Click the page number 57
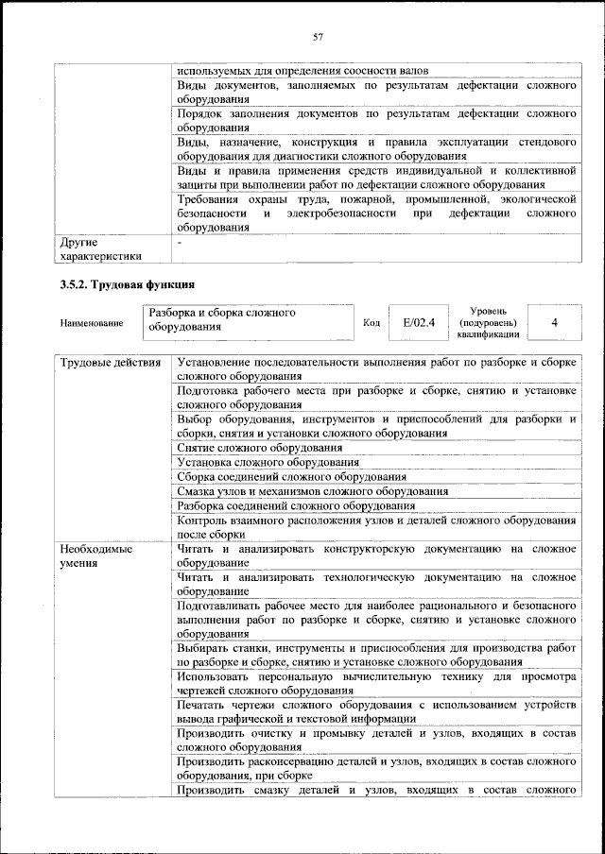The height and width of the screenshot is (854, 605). point(319,37)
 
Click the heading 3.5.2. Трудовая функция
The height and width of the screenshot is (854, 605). point(127,282)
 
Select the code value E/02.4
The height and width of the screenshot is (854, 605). point(418,323)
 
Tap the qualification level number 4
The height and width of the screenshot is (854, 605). point(554,323)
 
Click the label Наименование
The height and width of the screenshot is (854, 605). point(91,324)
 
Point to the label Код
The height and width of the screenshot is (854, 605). point(372,323)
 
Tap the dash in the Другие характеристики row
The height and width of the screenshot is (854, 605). point(180,243)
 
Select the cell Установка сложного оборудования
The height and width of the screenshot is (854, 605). point(268,462)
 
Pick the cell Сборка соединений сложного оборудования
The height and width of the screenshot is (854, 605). point(291,477)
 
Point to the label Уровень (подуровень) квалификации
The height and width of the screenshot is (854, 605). point(488,322)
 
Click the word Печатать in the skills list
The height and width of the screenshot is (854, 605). point(202,706)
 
